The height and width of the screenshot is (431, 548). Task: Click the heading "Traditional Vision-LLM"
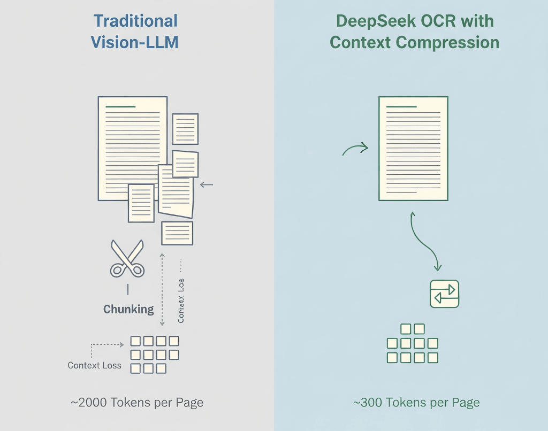coord(135,32)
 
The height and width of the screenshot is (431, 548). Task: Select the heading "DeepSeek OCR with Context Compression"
coord(414,32)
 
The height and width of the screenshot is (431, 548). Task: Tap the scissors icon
coord(127,258)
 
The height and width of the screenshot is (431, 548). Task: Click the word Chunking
coord(128,309)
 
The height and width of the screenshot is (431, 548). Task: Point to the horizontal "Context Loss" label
coord(94,366)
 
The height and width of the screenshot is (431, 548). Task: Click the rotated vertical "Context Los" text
coord(181,299)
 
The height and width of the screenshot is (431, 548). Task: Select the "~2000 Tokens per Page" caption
coord(137,403)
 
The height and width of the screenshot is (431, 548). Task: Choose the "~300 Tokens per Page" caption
coord(416,403)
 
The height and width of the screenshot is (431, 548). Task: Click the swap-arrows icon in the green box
coord(445,294)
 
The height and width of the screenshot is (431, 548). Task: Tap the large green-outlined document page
coord(413,148)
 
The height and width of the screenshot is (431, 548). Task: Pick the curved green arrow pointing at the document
coord(355,149)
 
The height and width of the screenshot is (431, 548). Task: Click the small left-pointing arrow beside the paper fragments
coord(206,185)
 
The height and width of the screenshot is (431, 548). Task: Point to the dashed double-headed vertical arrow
coord(162,289)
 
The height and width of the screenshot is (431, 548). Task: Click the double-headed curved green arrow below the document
coord(424,240)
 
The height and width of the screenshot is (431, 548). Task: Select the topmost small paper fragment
coord(185,128)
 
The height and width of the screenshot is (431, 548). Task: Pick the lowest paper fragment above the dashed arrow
coord(177,233)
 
